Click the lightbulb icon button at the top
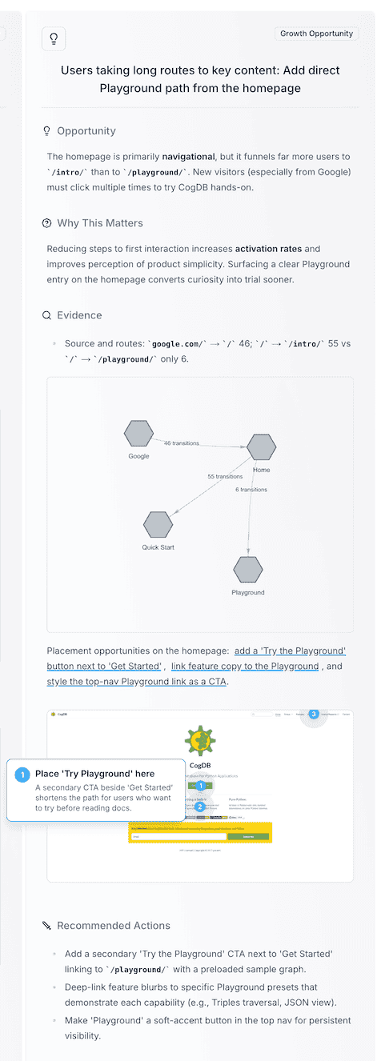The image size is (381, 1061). coord(54,38)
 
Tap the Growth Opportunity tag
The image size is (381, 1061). coord(316,34)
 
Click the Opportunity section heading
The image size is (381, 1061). coord(86,130)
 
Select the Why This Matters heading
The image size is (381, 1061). coord(100,222)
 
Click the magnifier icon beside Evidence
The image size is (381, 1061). coord(46,315)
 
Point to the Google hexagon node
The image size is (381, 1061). coord(138,433)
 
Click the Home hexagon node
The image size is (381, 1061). coord(262,447)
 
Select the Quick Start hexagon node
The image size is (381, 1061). coord(158,524)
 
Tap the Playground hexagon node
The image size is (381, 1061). coord(248,569)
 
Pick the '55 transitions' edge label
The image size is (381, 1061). coord(226,476)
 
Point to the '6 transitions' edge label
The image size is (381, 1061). coord(251,489)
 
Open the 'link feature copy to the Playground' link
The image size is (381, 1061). coord(245,666)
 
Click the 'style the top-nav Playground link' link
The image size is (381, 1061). coord(138,682)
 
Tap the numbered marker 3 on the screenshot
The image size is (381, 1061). coord(314,714)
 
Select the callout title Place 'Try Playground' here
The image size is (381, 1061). coord(94,774)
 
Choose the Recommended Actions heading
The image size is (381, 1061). coord(113,925)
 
